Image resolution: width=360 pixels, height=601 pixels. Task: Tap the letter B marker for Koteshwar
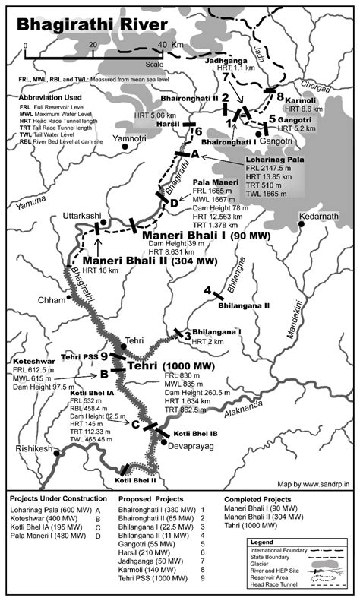click(x=103, y=373)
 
